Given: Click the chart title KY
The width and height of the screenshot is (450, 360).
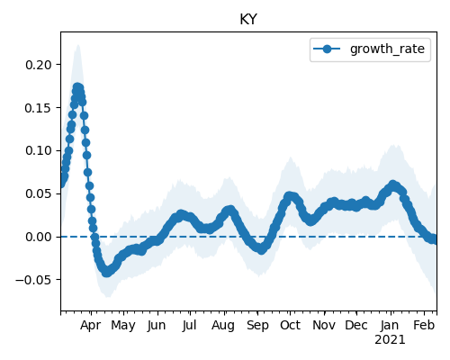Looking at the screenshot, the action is click(248, 20).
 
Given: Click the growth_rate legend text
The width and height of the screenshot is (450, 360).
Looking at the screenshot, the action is click(387, 49).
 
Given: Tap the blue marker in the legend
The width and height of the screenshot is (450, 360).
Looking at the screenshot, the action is click(327, 49).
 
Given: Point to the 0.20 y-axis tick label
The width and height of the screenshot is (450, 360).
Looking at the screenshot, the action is click(39, 65).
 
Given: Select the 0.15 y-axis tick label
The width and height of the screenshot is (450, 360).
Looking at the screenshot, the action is click(39, 108).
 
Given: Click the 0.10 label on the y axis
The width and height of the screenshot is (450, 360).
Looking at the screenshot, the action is click(39, 150).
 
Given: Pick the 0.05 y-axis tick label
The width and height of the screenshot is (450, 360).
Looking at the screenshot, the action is click(39, 193).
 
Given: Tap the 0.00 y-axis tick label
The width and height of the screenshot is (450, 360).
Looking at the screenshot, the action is click(39, 237).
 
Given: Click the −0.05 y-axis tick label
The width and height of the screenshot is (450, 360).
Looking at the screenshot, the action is click(34, 280).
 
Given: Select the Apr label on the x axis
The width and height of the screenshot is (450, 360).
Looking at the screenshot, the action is click(91, 326).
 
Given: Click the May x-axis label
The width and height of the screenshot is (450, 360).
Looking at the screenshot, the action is click(123, 326).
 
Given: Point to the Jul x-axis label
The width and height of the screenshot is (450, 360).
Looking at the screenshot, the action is click(190, 326).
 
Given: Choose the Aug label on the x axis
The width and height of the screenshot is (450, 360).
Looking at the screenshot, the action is click(223, 326).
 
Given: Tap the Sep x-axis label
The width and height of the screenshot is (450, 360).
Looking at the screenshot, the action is click(257, 326).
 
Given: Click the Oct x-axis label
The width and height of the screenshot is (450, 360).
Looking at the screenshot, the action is click(290, 326).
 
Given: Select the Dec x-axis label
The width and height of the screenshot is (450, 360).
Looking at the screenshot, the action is click(356, 326).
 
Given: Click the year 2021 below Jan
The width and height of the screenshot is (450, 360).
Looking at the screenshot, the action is click(390, 340).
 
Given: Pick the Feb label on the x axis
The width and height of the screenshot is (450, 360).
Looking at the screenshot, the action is click(424, 326).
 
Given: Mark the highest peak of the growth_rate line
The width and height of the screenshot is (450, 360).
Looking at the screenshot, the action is click(77, 87).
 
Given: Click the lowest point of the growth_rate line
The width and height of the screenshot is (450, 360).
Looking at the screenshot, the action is click(107, 273).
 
